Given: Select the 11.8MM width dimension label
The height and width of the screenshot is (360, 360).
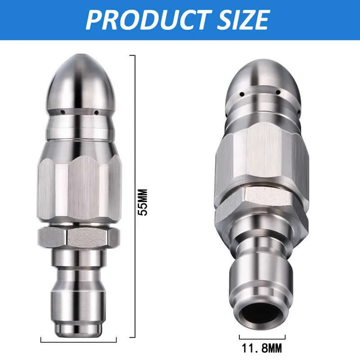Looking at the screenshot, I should pyautogui.click(x=262, y=348).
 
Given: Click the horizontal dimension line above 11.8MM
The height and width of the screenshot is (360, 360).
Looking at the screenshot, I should pyautogui.click(x=262, y=337).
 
